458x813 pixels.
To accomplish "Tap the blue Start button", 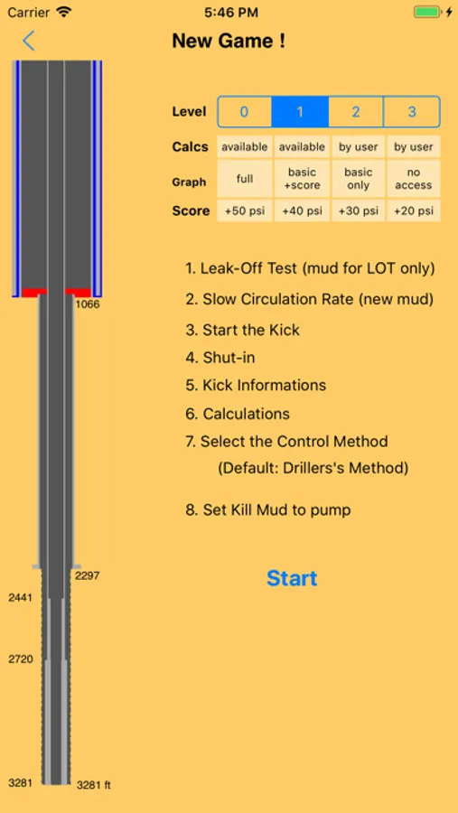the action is click(x=292, y=578).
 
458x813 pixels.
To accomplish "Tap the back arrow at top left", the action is click(x=29, y=41).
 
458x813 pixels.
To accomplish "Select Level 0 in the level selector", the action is click(x=244, y=111).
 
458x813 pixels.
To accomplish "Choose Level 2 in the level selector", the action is click(x=355, y=111).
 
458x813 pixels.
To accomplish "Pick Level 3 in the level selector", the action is click(x=412, y=111).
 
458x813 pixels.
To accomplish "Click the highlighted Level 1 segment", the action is click(x=300, y=111).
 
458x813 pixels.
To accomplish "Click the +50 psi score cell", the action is click(x=244, y=210).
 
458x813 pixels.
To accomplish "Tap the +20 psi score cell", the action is click(x=414, y=210).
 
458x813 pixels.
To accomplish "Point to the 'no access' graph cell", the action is click(x=414, y=178).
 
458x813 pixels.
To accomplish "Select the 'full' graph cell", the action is click(x=244, y=178).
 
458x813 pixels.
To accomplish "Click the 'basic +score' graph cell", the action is click(x=302, y=178).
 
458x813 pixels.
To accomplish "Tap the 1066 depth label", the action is click(x=88, y=304).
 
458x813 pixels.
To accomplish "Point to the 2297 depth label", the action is click(x=87, y=575).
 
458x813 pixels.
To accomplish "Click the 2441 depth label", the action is click(x=20, y=597).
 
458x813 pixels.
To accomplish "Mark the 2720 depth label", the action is click(x=20, y=659).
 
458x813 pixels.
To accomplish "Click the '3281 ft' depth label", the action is click(x=94, y=785).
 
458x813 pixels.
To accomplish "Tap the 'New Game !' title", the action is click(x=229, y=41).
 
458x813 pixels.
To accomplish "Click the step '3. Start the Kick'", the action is click(x=242, y=330).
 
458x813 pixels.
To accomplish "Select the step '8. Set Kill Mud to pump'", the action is click(x=268, y=509).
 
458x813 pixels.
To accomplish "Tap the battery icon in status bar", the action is click(x=428, y=12).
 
